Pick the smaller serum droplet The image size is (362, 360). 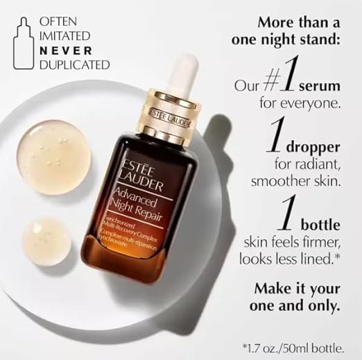[x=48, y=241]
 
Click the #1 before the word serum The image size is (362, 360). [x=276, y=90]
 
